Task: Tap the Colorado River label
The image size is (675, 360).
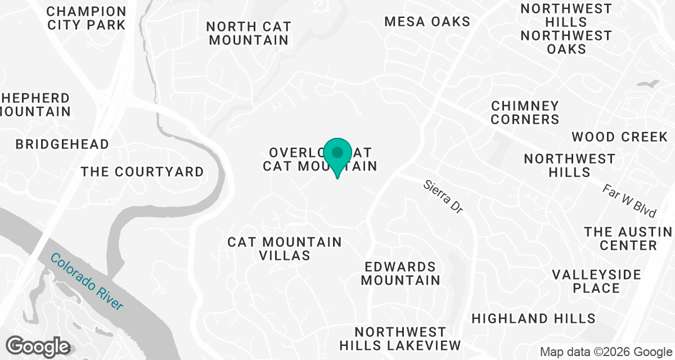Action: (87, 281)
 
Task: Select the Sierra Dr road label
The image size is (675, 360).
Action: (443, 196)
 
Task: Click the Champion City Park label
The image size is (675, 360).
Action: (87, 18)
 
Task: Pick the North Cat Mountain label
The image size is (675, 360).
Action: (248, 33)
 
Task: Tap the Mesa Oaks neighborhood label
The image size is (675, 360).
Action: (427, 22)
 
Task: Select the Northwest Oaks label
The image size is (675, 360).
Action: (566, 42)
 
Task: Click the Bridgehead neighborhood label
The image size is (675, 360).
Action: (62, 144)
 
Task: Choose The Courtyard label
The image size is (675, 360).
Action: (142, 172)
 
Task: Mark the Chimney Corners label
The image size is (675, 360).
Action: (525, 112)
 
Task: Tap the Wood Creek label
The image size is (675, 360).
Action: (619, 137)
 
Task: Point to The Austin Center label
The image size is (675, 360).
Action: (628, 238)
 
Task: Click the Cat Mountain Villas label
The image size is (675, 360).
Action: (285, 249)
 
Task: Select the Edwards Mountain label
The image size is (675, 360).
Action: (400, 273)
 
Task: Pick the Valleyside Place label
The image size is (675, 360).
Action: (596, 281)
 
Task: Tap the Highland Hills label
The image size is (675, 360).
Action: (533, 318)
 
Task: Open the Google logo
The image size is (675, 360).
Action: (39, 346)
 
